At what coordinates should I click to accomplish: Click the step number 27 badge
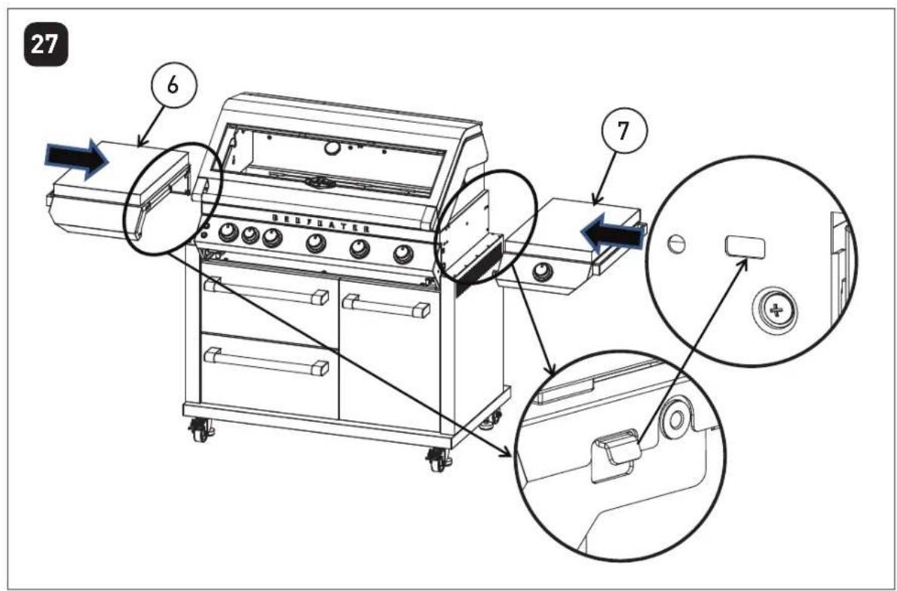47,46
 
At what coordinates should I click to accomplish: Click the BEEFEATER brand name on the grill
319,223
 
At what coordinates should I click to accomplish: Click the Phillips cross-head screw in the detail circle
776,311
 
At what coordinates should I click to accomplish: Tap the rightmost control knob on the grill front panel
404,253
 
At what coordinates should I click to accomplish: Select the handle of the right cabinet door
387,305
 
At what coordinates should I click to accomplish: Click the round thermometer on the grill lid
331,149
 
